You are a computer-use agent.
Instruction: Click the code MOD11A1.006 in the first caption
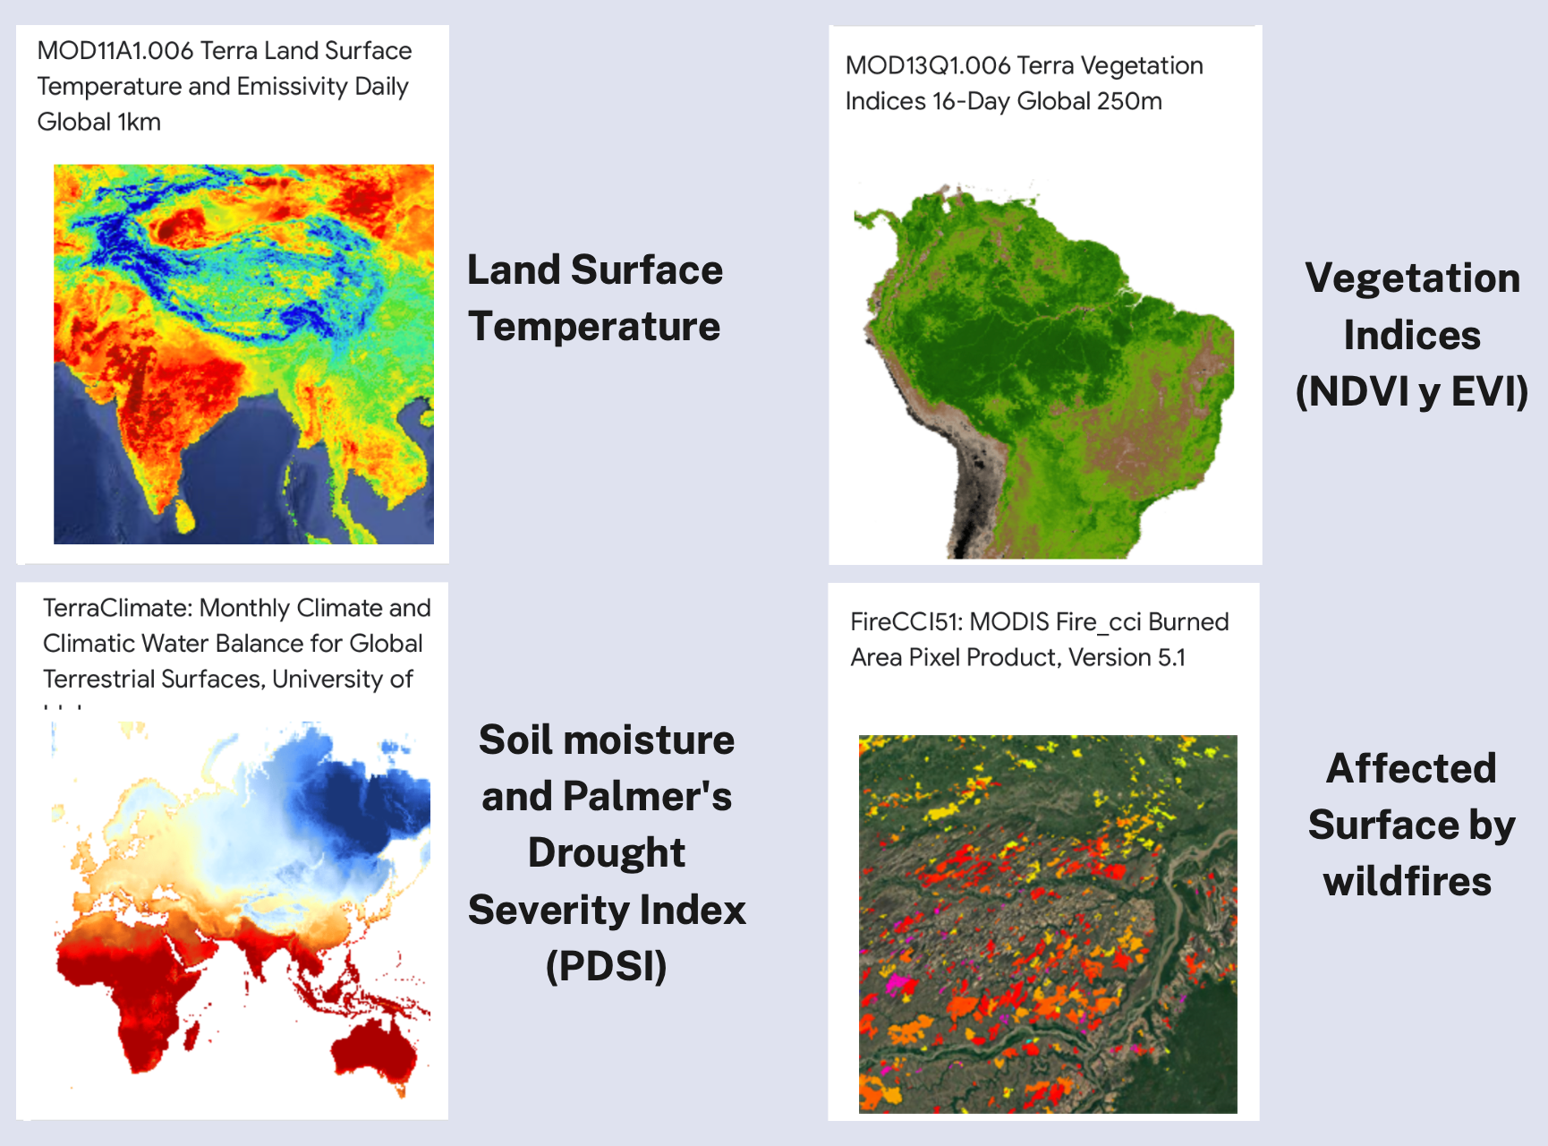(115, 51)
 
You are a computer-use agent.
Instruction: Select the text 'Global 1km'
(99, 122)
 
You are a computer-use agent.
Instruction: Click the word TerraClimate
(117, 608)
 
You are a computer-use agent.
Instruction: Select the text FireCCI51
(906, 622)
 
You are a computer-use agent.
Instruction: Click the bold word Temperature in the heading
(594, 327)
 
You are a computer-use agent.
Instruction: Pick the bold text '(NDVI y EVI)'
(1412, 391)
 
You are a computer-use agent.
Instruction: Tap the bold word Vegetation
(1412, 278)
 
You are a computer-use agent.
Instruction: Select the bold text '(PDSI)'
(607, 966)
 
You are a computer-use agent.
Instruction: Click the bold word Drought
(607, 853)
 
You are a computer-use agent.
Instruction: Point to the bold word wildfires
(1408, 882)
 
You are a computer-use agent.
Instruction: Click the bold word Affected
(1411, 769)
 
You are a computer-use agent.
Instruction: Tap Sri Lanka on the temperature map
(183, 515)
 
